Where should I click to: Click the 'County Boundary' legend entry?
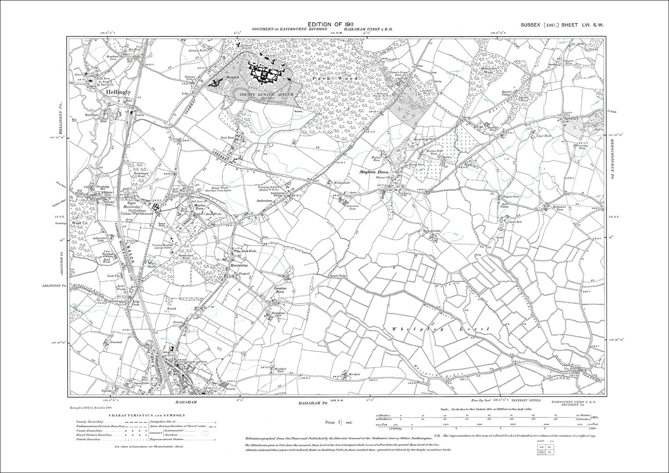(89, 422)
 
